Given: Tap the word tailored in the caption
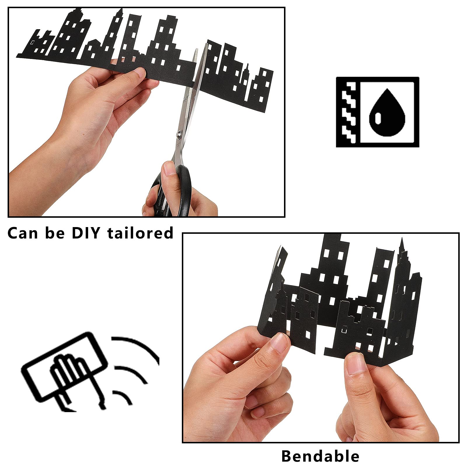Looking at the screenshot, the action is (x=141, y=233).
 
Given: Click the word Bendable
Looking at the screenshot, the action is (x=320, y=456).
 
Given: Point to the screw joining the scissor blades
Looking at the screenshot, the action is (x=179, y=134).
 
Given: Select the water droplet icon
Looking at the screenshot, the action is (x=387, y=112).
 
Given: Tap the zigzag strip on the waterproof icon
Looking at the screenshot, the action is (x=349, y=112).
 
